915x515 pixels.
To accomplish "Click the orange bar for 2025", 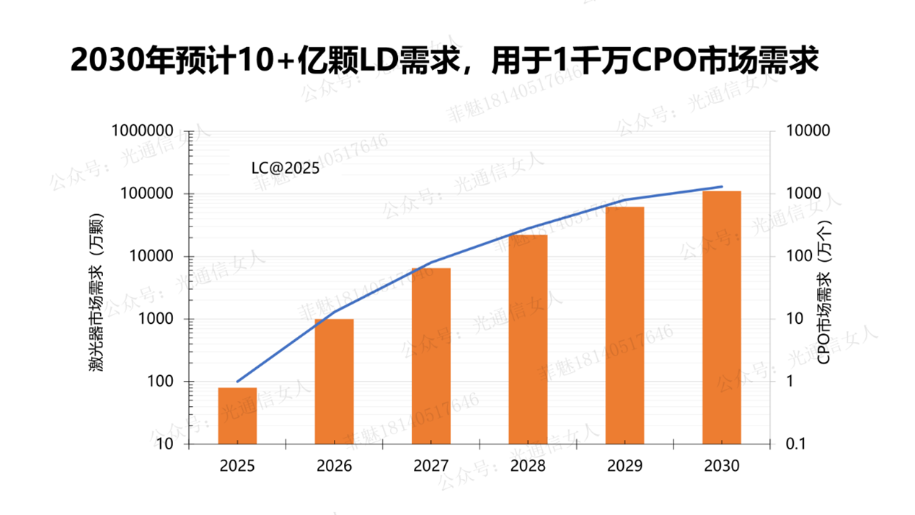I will tap(237, 415).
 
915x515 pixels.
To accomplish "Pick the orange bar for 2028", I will tap(528, 339).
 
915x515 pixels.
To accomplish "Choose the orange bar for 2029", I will tap(624, 325).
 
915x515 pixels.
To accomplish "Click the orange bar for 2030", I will tap(722, 317).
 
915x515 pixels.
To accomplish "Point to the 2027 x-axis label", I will tap(431, 466).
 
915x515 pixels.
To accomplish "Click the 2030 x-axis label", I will tap(722, 466).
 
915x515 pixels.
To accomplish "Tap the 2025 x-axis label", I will tap(237, 466).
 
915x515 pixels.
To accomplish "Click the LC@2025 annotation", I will tap(285, 168).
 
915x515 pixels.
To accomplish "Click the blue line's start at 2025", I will tap(237, 381).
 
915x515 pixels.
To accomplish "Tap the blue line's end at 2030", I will tap(722, 187).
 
